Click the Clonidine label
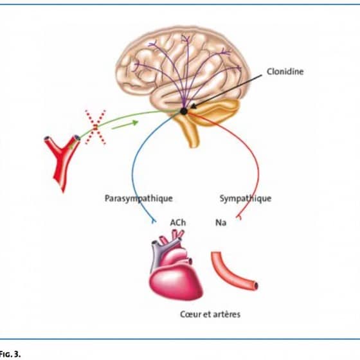click(285, 71)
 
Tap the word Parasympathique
click(138, 199)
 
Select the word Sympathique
click(246, 199)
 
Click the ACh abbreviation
click(177, 222)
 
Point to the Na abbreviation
click(221, 222)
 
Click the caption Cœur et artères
click(210, 314)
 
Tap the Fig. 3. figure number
click(10, 354)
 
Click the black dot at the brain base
click(184, 111)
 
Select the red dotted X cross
click(95, 127)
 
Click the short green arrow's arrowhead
click(136, 123)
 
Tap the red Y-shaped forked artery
click(62, 161)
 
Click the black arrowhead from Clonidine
click(194, 106)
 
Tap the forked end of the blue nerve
click(154, 221)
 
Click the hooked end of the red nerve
click(239, 217)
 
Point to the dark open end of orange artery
click(256, 286)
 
